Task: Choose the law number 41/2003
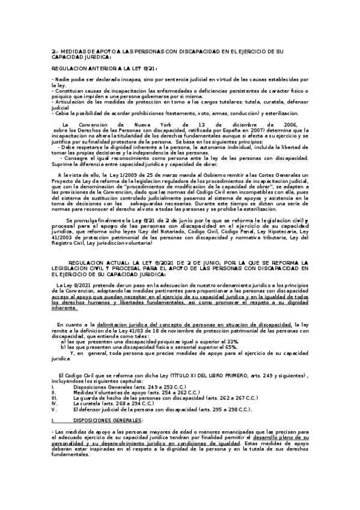[62, 235]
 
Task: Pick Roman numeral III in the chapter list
[55, 398]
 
